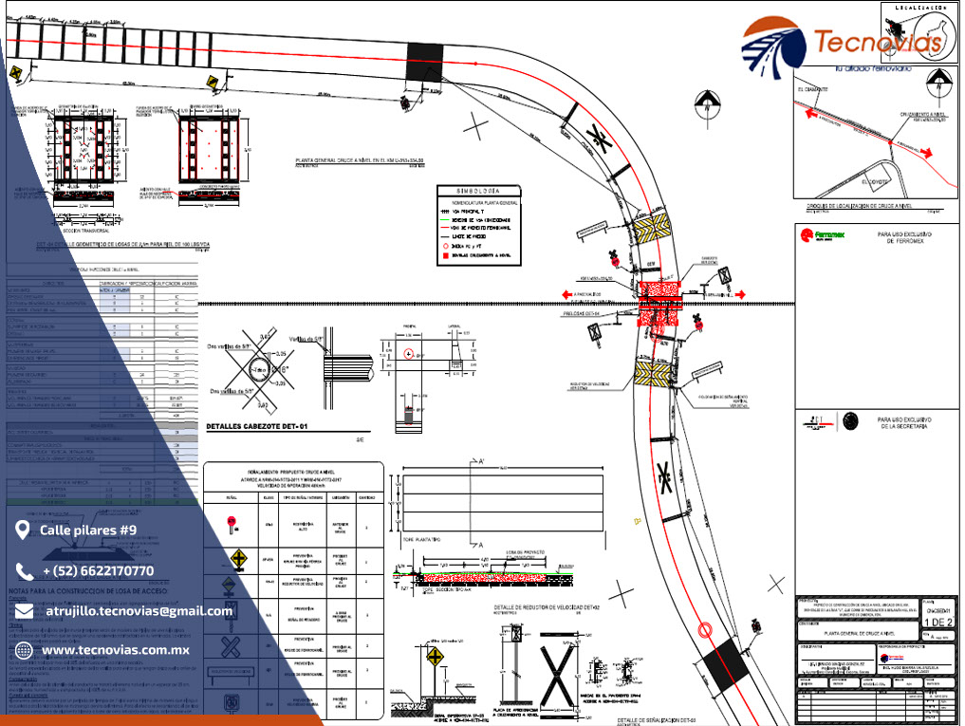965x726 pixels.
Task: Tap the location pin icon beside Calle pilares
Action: point(23,529)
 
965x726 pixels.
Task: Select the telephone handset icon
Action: point(24,570)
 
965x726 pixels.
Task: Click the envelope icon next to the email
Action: point(24,611)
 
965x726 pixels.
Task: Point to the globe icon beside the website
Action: point(24,650)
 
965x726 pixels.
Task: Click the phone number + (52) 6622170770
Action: point(98,570)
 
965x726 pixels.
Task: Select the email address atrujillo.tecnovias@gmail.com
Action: point(139,611)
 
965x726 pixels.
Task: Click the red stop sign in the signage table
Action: point(232,522)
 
